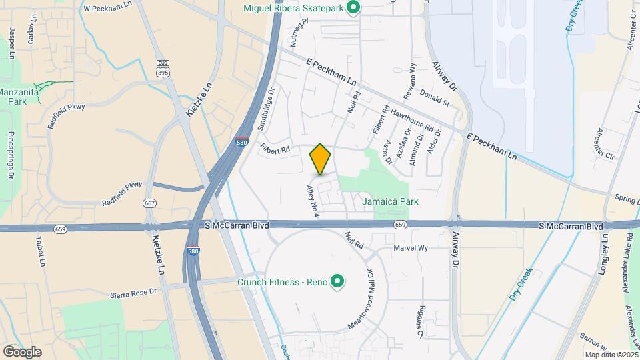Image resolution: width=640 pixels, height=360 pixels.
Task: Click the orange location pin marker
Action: pos(320,159)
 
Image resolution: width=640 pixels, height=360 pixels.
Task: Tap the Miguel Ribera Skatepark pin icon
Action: pos(355,7)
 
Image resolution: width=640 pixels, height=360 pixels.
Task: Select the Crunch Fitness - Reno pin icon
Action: pos(337,282)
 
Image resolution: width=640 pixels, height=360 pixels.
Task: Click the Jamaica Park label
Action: pos(390,201)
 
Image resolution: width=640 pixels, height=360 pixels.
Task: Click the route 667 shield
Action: pos(149,203)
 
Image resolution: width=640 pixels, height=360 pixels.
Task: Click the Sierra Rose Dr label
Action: pos(133,292)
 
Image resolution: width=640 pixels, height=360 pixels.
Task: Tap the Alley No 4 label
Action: pos(313,200)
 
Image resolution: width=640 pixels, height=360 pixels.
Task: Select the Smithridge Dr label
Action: pos(265,110)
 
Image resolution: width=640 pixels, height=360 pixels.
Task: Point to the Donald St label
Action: pos(435,100)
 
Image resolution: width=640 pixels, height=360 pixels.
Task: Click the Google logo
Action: pos(22,351)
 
